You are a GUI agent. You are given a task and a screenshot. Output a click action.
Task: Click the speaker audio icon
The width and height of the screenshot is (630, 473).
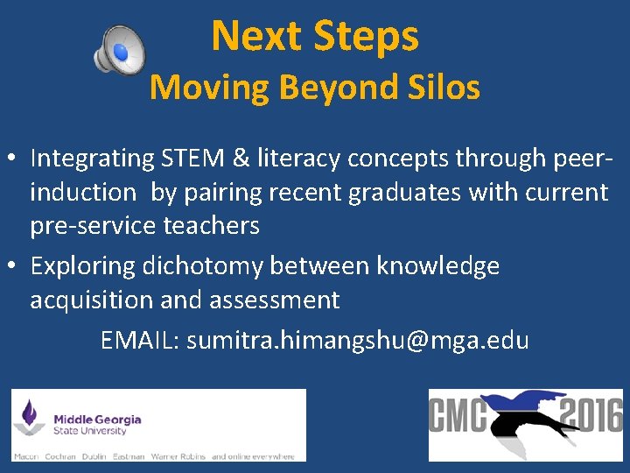119,50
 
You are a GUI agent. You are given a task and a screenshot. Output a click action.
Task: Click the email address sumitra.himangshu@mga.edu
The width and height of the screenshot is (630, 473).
357,340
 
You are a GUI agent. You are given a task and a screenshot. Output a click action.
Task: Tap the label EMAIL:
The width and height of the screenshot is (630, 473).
140,340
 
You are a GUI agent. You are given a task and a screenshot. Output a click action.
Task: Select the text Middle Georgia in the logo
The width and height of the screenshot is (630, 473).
97,420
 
